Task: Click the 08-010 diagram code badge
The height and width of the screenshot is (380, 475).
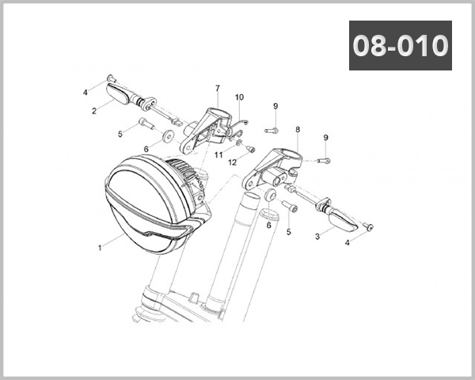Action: [401, 45]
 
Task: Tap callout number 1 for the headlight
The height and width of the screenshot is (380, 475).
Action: [100, 248]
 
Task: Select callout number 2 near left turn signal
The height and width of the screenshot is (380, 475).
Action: [94, 111]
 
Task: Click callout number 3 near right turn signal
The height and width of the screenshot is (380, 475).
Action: [317, 237]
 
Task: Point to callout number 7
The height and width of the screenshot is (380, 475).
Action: [218, 88]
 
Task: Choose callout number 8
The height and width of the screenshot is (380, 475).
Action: [298, 130]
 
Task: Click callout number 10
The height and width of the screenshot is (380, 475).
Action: [239, 97]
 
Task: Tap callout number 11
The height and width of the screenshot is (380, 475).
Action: [218, 155]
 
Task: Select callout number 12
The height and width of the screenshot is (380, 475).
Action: [232, 163]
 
